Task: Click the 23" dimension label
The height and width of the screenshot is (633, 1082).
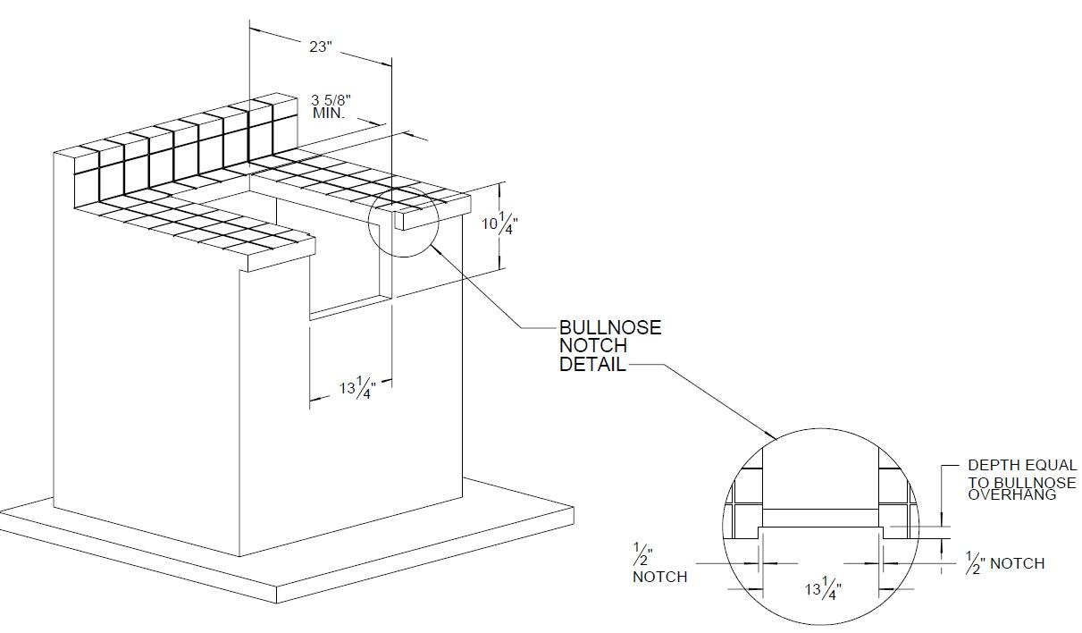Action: pos(320,47)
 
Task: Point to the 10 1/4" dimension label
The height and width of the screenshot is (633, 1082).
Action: pos(499,223)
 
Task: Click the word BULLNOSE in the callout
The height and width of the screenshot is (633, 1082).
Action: pos(610,328)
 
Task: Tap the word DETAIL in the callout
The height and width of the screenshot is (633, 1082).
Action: pos(592,365)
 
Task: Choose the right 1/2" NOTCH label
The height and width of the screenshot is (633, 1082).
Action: pos(1005,563)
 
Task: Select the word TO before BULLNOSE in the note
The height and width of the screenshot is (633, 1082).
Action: pos(979,483)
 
